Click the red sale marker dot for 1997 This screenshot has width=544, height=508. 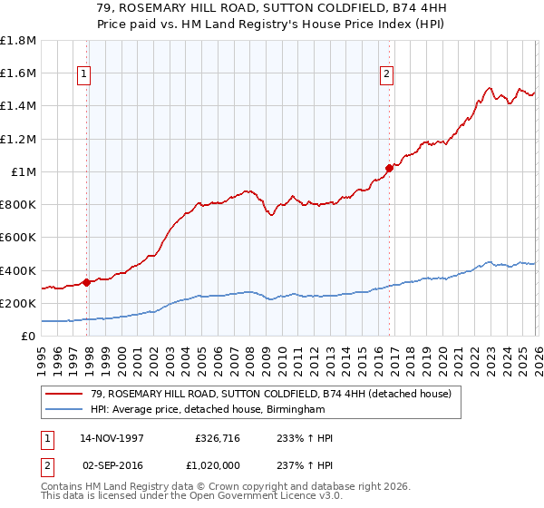click(87, 282)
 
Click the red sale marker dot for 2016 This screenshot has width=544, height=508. click(389, 168)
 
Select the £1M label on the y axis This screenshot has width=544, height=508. click(24, 171)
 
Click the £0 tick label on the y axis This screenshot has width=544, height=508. click(29, 336)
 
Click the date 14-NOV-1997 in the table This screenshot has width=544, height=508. click(112, 438)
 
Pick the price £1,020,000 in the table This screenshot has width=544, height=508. click(216, 464)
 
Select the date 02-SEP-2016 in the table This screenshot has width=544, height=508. click(112, 464)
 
